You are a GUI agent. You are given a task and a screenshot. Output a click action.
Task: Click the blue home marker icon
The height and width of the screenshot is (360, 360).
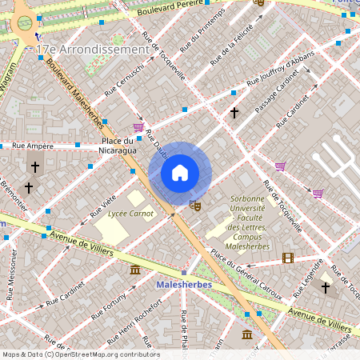pyautogui.click(x=180, y=172)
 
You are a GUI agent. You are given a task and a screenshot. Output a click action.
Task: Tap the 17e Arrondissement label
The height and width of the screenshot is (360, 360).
pyautogui.click(x=94, y=50)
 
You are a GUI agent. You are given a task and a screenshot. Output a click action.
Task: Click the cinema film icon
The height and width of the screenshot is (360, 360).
pyautogui.click(x=288, y=258)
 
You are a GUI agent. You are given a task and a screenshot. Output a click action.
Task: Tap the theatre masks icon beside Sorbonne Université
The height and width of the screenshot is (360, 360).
pyautogui.click(x=194, y=206)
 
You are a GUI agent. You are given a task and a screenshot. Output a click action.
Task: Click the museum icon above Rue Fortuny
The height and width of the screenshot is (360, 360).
pyautogui.click(x=134, y=270)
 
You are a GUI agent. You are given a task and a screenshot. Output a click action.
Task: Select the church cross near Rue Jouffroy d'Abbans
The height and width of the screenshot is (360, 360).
pyautogui.click(x=234, y=114)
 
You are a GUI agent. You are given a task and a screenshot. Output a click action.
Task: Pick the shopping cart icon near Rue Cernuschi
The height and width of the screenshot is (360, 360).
pyautogui.click(x=138, y=126)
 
